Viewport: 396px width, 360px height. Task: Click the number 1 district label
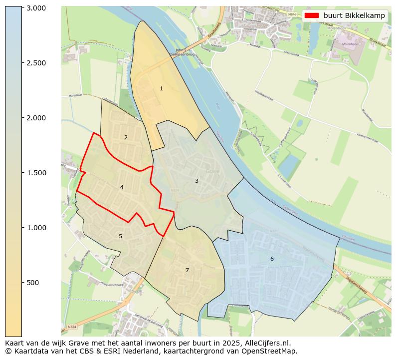(161, 88)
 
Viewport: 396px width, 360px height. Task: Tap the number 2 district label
(126, 137)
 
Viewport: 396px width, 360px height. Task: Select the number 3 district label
(197, 181)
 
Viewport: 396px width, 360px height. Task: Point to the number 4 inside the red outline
(122, 188)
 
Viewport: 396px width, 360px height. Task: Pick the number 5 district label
(120, 236)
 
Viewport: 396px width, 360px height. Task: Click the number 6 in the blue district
(272, 259)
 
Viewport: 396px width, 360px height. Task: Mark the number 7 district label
(187, 270)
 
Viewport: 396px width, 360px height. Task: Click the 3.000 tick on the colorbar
(36, 8)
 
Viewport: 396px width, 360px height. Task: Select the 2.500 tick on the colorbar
(36, 63)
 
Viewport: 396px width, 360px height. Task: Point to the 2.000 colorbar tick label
(36, 118)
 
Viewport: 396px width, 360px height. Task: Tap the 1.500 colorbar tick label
(36, 173)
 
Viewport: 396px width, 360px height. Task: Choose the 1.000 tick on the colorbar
(36, 228)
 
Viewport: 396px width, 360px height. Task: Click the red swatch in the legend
(311, 15)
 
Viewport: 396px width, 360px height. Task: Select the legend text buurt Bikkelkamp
(354, 15)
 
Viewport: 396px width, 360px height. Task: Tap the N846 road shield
(292, 15)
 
